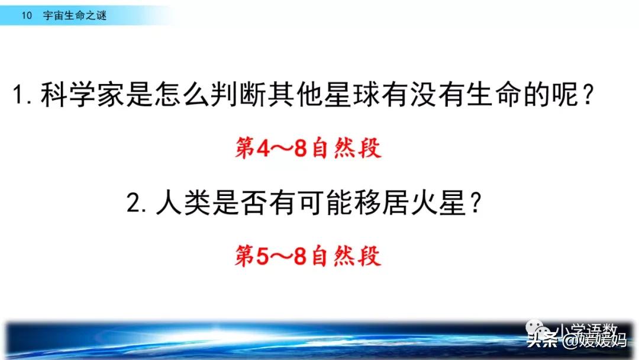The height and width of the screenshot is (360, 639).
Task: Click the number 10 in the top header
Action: click(x=25, y=16)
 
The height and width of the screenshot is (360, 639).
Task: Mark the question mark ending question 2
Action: click(x=473, y=205)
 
